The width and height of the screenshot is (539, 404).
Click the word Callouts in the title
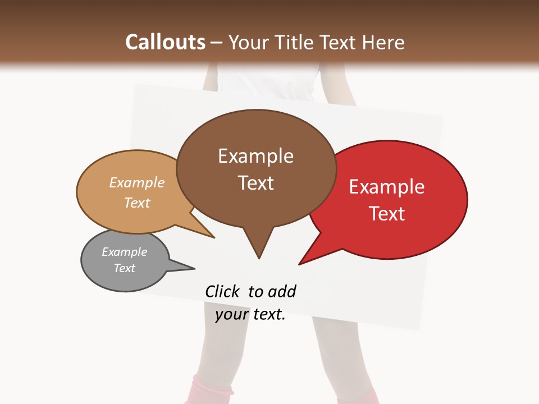165,42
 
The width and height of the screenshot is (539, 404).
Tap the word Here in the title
382,42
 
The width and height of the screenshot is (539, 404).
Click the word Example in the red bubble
387,187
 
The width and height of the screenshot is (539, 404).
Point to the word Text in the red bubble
387,213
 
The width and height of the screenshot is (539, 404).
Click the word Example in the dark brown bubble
255,156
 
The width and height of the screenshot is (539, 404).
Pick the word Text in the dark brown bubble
255,183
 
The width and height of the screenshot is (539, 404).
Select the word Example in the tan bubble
137,182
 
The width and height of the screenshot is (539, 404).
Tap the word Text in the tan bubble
137,203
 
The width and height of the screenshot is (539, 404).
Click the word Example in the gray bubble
125,252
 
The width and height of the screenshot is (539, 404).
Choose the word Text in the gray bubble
125,268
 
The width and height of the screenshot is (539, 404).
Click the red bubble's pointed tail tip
300,264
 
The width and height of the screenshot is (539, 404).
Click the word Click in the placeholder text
222,291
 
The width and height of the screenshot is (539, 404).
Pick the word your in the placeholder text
231,314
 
